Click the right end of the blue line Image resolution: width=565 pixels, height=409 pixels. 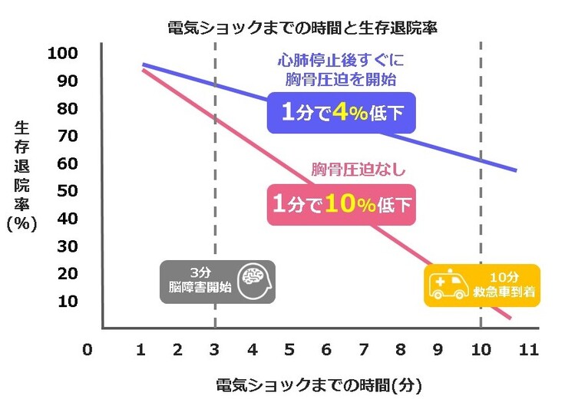[516, 170]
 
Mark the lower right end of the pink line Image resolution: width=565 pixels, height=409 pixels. [510, 317]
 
